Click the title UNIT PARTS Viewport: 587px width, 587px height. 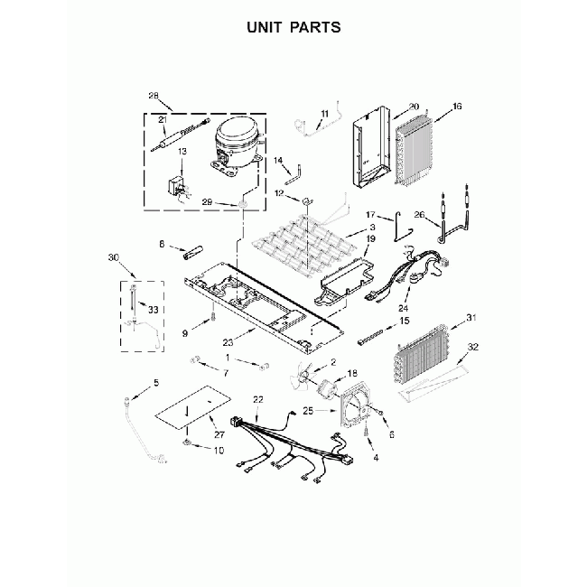293,27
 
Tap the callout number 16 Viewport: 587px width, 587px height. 456,107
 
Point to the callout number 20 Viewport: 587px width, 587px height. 414,107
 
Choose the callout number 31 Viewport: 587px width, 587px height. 470,318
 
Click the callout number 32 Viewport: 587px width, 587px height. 473,347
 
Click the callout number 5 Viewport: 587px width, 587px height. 155,383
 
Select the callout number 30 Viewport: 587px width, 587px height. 113,257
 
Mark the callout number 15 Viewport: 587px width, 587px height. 405,321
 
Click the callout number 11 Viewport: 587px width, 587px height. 325,113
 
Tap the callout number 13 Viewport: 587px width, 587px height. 182,152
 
